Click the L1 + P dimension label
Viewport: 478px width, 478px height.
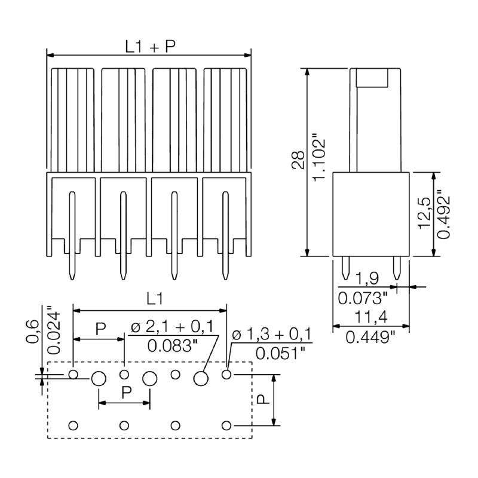click(x=150, y=46)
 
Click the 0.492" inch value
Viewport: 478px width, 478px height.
click(x=443, y=215)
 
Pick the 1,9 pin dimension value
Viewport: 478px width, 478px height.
click(x=366, y=278)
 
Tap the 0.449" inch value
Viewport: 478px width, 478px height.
click(x=370, y=338)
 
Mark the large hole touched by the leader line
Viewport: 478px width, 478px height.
click(x=201, y=378)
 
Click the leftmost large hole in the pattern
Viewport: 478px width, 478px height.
click(x=99, y=378)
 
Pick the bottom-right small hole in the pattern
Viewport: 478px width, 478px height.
click(x=226, y=425)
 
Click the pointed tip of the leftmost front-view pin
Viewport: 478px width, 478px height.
click(x=72, y=278)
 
